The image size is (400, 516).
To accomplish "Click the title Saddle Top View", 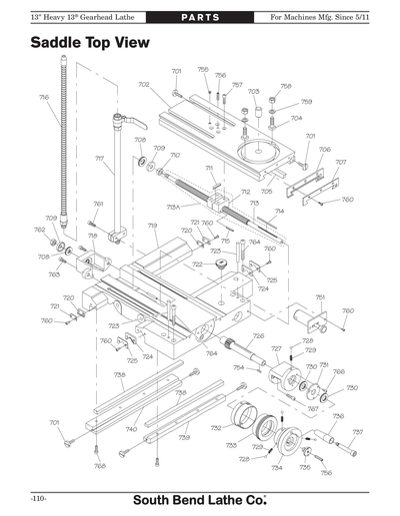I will point(90,44).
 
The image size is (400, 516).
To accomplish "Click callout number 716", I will point(44,98).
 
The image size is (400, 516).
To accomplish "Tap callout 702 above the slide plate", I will point(144,85).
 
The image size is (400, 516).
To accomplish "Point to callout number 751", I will point(320,297).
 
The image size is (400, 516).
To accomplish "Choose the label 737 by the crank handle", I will point(357,432).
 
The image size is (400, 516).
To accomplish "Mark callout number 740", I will point(130,428).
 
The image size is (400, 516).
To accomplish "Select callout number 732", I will point(216,428).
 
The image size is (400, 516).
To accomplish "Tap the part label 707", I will point(341,162).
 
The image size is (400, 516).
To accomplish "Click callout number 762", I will point(40,230).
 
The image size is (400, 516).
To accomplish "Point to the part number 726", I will point(258,336).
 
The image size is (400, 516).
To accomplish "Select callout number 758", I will point(287,87).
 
